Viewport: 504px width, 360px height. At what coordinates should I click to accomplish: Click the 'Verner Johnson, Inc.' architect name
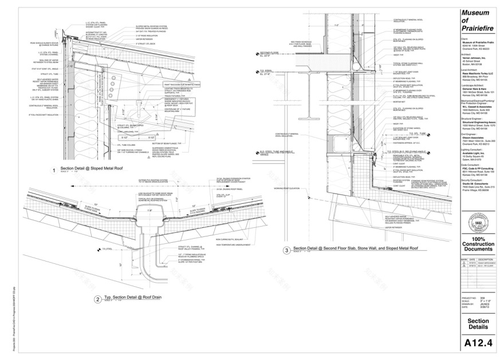pyautogui.click(x=474, y=57)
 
